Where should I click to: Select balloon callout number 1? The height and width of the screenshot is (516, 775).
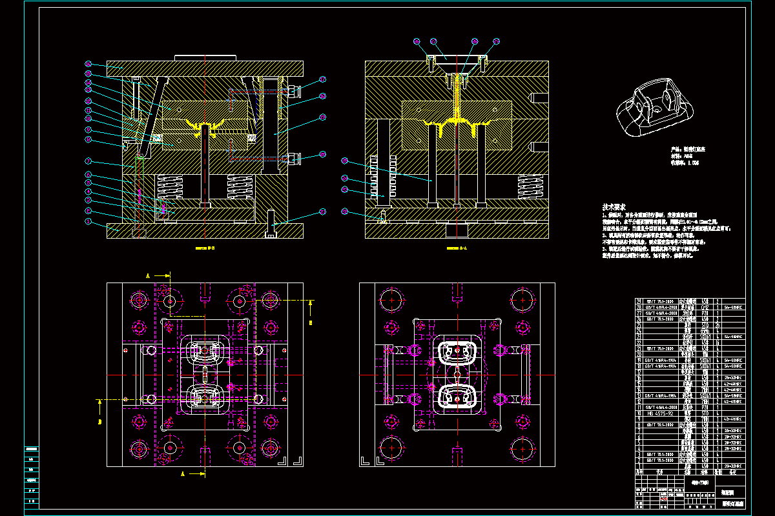88,223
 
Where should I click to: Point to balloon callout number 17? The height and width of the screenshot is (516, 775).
322,80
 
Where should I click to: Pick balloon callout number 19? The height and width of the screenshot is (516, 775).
322,117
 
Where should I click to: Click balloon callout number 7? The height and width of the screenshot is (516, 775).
88,161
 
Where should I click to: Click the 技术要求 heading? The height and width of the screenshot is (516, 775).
614,207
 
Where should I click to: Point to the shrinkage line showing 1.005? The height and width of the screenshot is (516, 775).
685,163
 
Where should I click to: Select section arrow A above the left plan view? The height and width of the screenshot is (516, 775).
158,275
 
